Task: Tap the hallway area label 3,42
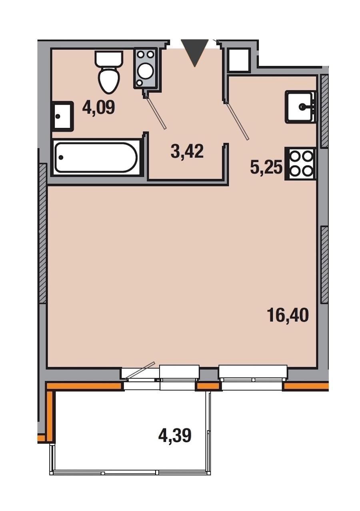tap(187, 152)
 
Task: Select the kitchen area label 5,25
tap(266, 168)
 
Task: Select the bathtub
tap(96, 158)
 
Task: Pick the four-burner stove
tap(301, 164)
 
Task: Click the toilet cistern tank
tap(109, 59)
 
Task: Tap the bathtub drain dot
tap(61, 157)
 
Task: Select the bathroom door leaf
tap(156, 112)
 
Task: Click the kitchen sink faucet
tap(308, 106)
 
